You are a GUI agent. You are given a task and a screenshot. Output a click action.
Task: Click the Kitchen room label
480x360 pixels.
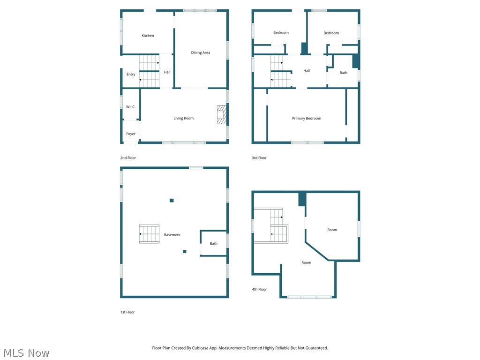click(x=148, y=36)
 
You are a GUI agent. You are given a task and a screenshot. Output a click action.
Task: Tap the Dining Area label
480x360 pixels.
click(x=200, y=53)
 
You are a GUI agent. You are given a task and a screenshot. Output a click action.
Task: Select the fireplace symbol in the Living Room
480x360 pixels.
click(x=221, y=115)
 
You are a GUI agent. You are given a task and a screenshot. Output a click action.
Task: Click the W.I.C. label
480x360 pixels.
click(x=130, y=107)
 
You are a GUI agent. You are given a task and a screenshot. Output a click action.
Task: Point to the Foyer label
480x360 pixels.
click(x=131, y=134)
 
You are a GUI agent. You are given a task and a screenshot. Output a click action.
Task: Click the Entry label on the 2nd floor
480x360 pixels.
click(x=131, y=75)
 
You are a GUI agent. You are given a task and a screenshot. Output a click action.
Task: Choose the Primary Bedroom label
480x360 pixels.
click(x=307, y=119)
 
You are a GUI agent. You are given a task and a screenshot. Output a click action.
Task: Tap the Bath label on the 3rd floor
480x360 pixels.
click(x=344, y=73)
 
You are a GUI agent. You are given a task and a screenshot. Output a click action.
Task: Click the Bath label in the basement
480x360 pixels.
click(x=214, y=244)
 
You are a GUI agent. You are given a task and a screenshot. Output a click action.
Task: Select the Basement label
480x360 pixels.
click(x=172, y=235)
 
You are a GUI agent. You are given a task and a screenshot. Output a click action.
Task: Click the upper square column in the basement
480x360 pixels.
click(x=172, y=201)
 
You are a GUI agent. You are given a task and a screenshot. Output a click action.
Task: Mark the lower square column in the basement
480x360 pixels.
click(x=185, y=252)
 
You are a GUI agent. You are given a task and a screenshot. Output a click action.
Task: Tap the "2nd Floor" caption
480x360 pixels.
click(x=128, y=158)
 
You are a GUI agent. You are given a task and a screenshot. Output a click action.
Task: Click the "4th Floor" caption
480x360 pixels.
click(x=259, y=290)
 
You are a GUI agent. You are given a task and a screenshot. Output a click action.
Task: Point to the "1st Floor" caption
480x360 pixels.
click(x=127, y=312)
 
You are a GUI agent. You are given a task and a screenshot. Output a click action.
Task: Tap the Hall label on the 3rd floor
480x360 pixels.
click(x=307, y=71)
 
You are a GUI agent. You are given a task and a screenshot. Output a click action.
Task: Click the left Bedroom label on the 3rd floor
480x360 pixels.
click(x=281, y=33)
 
